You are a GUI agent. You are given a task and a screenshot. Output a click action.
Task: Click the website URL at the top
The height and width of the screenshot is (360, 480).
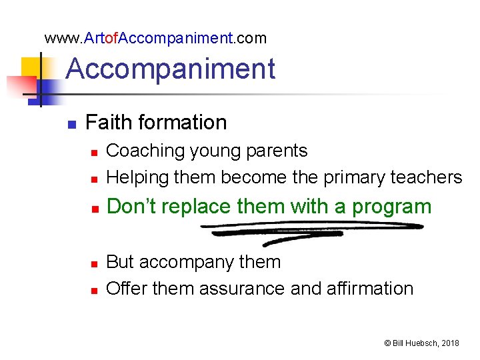click(155, 38)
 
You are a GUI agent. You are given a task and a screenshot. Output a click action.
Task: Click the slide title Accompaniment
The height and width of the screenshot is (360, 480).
click(171, 69)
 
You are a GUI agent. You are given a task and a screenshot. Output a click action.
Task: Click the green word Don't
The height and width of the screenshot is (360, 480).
click(131, 207)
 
